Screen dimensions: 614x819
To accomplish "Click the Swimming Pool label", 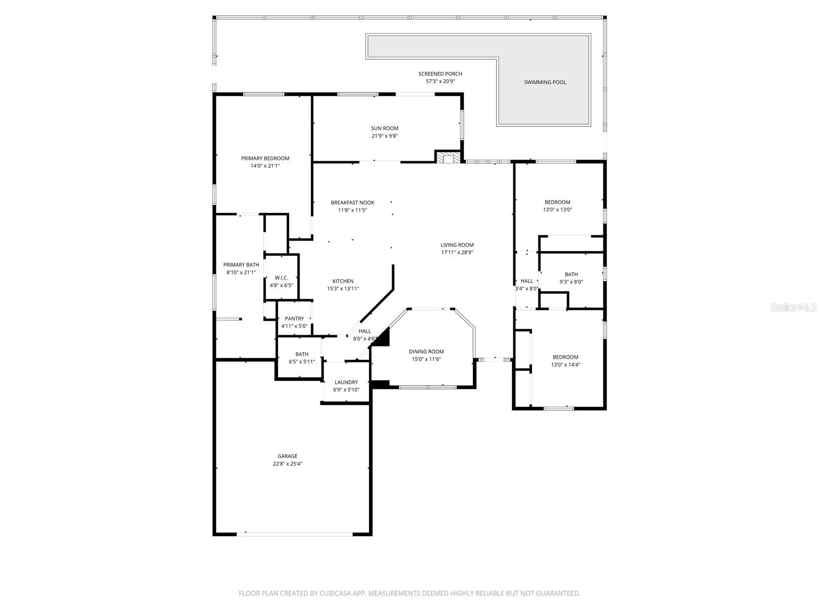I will (x=545, y=82).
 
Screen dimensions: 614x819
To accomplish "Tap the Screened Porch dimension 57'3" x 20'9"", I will (x=440, y=81).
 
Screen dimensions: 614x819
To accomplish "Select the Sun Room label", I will (x=384, y=128).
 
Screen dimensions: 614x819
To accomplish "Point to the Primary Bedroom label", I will (x=265, y=159).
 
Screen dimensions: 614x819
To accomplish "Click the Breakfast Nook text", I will (x=352, y=203).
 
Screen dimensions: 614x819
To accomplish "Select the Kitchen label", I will (x=343, y=281).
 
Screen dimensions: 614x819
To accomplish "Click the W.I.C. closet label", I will (x=281, y=278).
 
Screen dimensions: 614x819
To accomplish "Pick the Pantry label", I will (x=294, y=319).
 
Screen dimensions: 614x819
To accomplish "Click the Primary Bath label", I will (x=241, y=265).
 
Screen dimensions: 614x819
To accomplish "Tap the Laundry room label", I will (x=346, y=382).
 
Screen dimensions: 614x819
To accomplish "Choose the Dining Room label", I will (x=426, y=352).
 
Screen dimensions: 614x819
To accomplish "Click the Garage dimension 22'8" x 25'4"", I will (x=287, y=464).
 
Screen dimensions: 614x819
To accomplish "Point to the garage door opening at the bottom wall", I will (x=294, y=534).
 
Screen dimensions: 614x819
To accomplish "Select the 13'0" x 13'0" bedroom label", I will (x=557, y=202).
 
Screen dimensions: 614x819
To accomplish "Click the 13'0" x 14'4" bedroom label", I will (x=565, y=357).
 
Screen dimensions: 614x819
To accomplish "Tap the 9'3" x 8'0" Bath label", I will (x=571, y=275).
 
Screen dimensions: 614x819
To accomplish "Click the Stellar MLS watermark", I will (x=794, y=307).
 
